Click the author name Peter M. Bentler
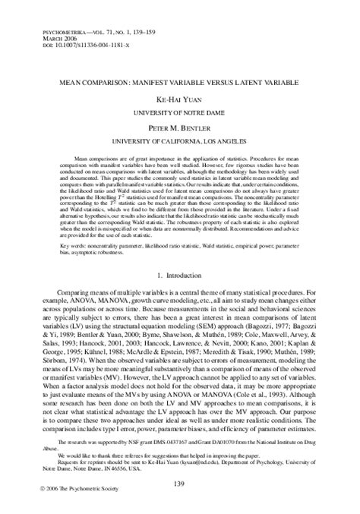click(180, 128)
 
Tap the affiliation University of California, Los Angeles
click(180, 141)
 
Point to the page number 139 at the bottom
click(180, 462)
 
